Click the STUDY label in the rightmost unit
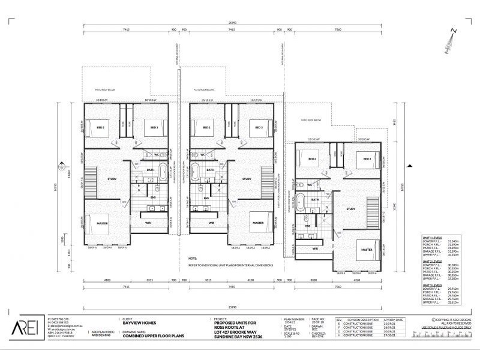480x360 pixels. [352, 209]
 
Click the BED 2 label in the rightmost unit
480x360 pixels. [312, 159]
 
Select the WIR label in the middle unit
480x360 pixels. [211, 223]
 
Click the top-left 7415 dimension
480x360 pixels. [128, 29]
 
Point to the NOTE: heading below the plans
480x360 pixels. [175, 258]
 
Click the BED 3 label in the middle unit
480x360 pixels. [259, 127]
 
